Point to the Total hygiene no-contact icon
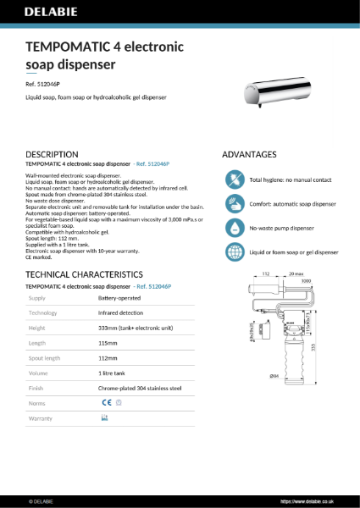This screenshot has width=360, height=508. point(234,179)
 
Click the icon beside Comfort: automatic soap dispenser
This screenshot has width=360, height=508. point(234,204)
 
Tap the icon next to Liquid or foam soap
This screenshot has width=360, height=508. point(234,252)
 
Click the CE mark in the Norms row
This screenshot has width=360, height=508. point(106,403)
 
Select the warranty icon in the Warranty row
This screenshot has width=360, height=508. point(105,418)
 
